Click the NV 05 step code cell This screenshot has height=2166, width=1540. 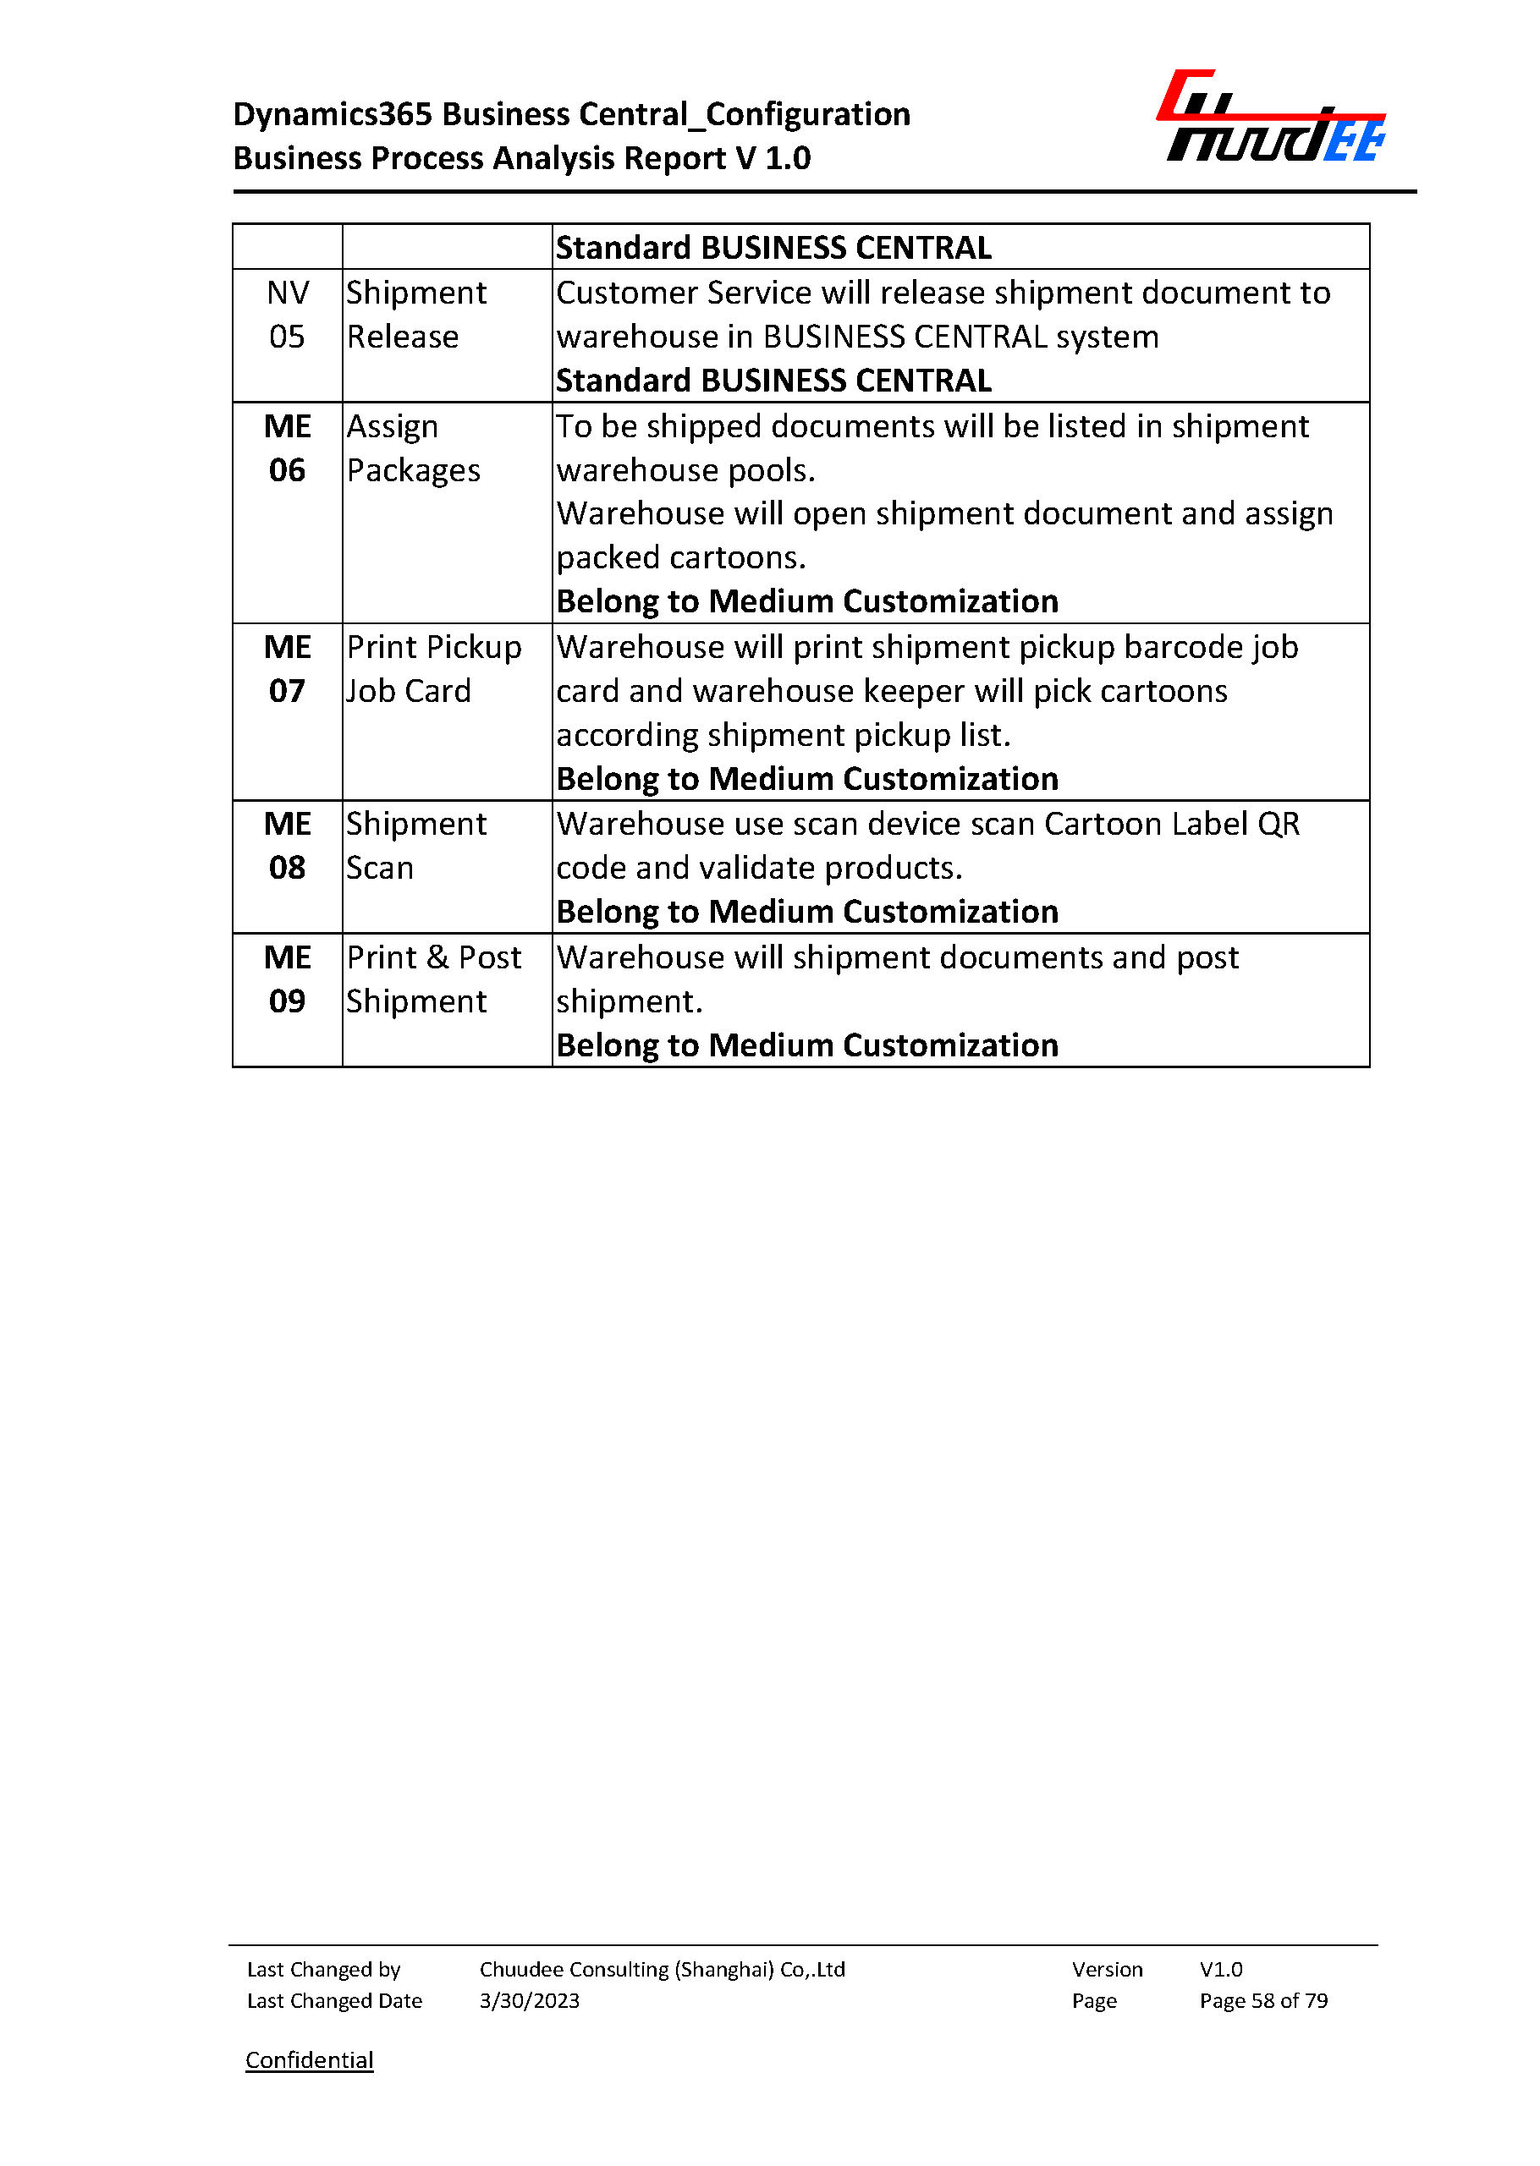(x=288, y=315)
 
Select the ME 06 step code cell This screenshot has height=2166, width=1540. (x=288, y=448)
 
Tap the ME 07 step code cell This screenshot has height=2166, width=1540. (x=288, y=669)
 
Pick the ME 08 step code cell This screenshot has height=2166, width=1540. (x=288, y=846)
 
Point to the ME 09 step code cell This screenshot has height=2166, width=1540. (x=288, y=979)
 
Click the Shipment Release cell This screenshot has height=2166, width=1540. (x=416, y=315)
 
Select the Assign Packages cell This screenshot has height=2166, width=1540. (x=414, y=448)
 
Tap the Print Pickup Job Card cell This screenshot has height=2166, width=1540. (x=433, y=669)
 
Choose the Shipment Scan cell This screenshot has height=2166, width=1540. (x=416, y=846)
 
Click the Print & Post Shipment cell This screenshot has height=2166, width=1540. (x=433, y=979)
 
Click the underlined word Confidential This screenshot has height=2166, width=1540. (x=309, y=2059)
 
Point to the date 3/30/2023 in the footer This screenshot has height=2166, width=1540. (x=529, y=2000)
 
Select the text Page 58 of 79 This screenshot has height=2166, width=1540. (x=1263, y=2000)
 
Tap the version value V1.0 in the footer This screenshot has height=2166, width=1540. (x=1220, y=1969)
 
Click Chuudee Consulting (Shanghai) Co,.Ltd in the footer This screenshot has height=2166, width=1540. (x=662, y=1969)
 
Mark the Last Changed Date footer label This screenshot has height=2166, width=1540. (x=333, y=2000)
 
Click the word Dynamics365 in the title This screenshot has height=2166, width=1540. (x=333, y=115)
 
